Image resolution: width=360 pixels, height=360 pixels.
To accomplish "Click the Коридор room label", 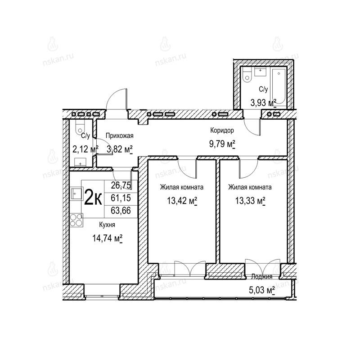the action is coord(222,130).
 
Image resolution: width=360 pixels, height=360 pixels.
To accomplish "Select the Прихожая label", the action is coord(119,136).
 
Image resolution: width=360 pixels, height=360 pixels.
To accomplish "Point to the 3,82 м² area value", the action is coord(120,149).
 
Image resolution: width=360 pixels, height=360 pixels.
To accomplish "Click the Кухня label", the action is coord(107,225).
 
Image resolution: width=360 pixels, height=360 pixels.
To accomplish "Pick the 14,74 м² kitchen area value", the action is coord(107,238).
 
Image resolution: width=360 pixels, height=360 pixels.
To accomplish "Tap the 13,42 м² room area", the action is coord(182,201).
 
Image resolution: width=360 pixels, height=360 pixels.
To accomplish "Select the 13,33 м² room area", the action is coord(250,201).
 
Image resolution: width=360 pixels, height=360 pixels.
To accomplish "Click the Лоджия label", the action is coord(262,277).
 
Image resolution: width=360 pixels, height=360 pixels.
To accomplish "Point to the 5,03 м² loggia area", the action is coord(262,290).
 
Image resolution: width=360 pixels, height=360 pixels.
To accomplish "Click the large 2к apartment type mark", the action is coord(93,199).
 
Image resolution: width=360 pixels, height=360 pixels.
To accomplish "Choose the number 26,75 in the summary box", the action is coord(121,185).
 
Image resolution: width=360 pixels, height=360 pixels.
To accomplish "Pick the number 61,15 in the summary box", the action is coord(121,198).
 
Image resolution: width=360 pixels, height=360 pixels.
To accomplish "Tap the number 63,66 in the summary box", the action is coord(121,210).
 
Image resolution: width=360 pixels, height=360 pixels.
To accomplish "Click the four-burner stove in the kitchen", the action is coord(76,220).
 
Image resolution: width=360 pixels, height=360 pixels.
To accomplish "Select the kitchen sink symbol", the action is coord(76,194).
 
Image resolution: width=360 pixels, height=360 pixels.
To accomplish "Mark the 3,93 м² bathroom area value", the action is coord(263,103).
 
